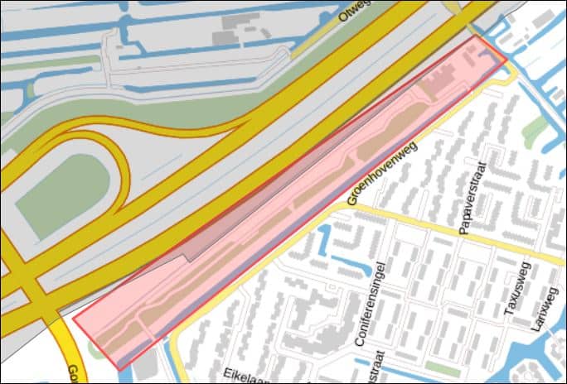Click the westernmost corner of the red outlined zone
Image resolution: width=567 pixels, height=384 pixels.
tap(73, 315)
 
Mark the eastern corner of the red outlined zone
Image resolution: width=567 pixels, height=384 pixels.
tap(506, 63)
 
